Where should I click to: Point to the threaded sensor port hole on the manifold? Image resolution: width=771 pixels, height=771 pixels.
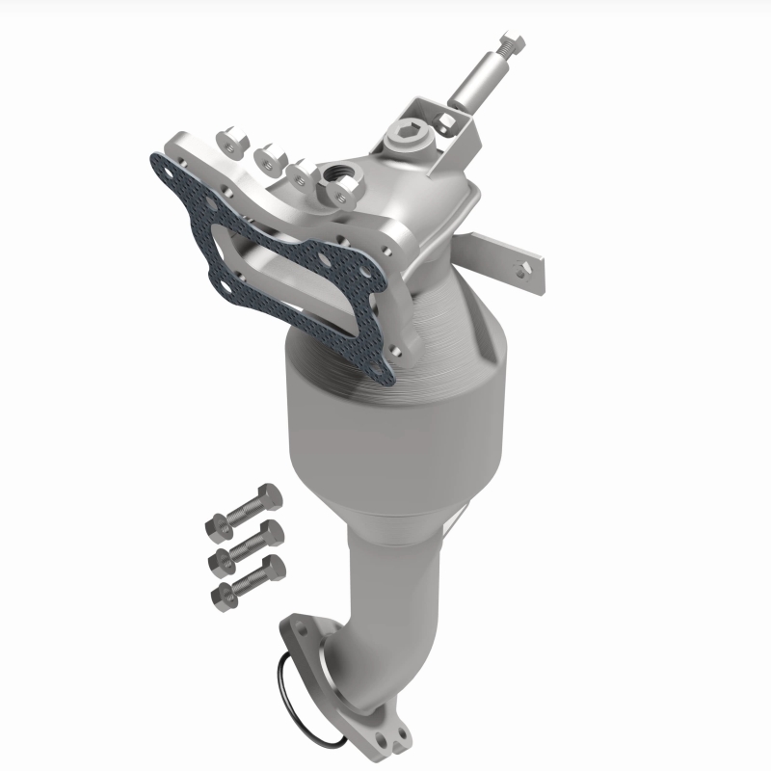344,175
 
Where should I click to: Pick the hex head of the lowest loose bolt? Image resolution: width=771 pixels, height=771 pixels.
274,568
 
